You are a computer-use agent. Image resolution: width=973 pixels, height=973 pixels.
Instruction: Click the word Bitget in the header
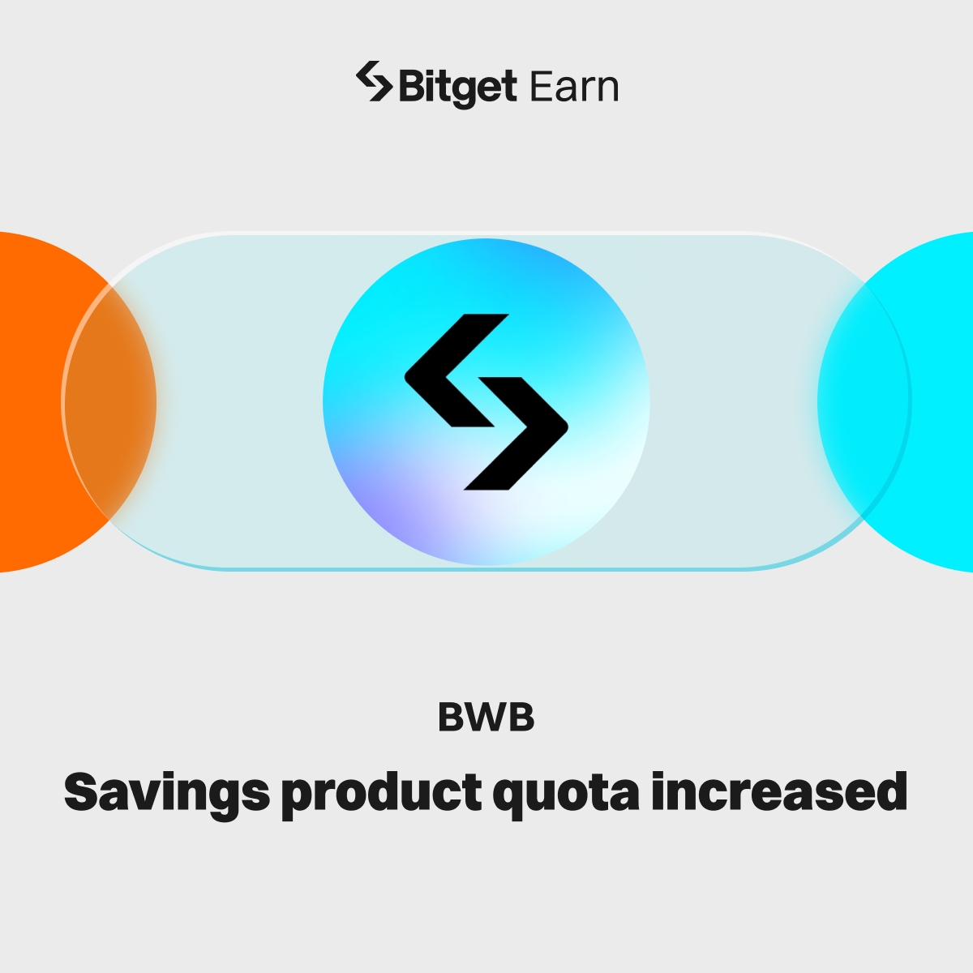(x=457, y=88)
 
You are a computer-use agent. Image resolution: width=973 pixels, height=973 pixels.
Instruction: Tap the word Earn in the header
(x=574, y=87)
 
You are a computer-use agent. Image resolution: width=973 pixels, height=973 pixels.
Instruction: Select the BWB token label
(x=486, y=718)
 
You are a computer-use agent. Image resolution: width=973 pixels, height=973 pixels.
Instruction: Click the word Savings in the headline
(x=166, y=792)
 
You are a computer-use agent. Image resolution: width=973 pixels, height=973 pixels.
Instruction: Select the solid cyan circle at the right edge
(x=916, y=401)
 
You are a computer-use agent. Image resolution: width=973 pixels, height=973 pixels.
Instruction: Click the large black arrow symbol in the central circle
(x=486, y=401)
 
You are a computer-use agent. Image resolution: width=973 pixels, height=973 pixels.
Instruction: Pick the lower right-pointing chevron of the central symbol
(x=519, y=434)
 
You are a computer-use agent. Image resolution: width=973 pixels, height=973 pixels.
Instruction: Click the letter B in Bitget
(x=409, y=87)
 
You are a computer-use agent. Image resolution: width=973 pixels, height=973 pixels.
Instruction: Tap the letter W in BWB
(x=486, y=718)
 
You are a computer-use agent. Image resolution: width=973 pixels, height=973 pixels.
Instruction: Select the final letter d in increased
(x=892, y=791)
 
